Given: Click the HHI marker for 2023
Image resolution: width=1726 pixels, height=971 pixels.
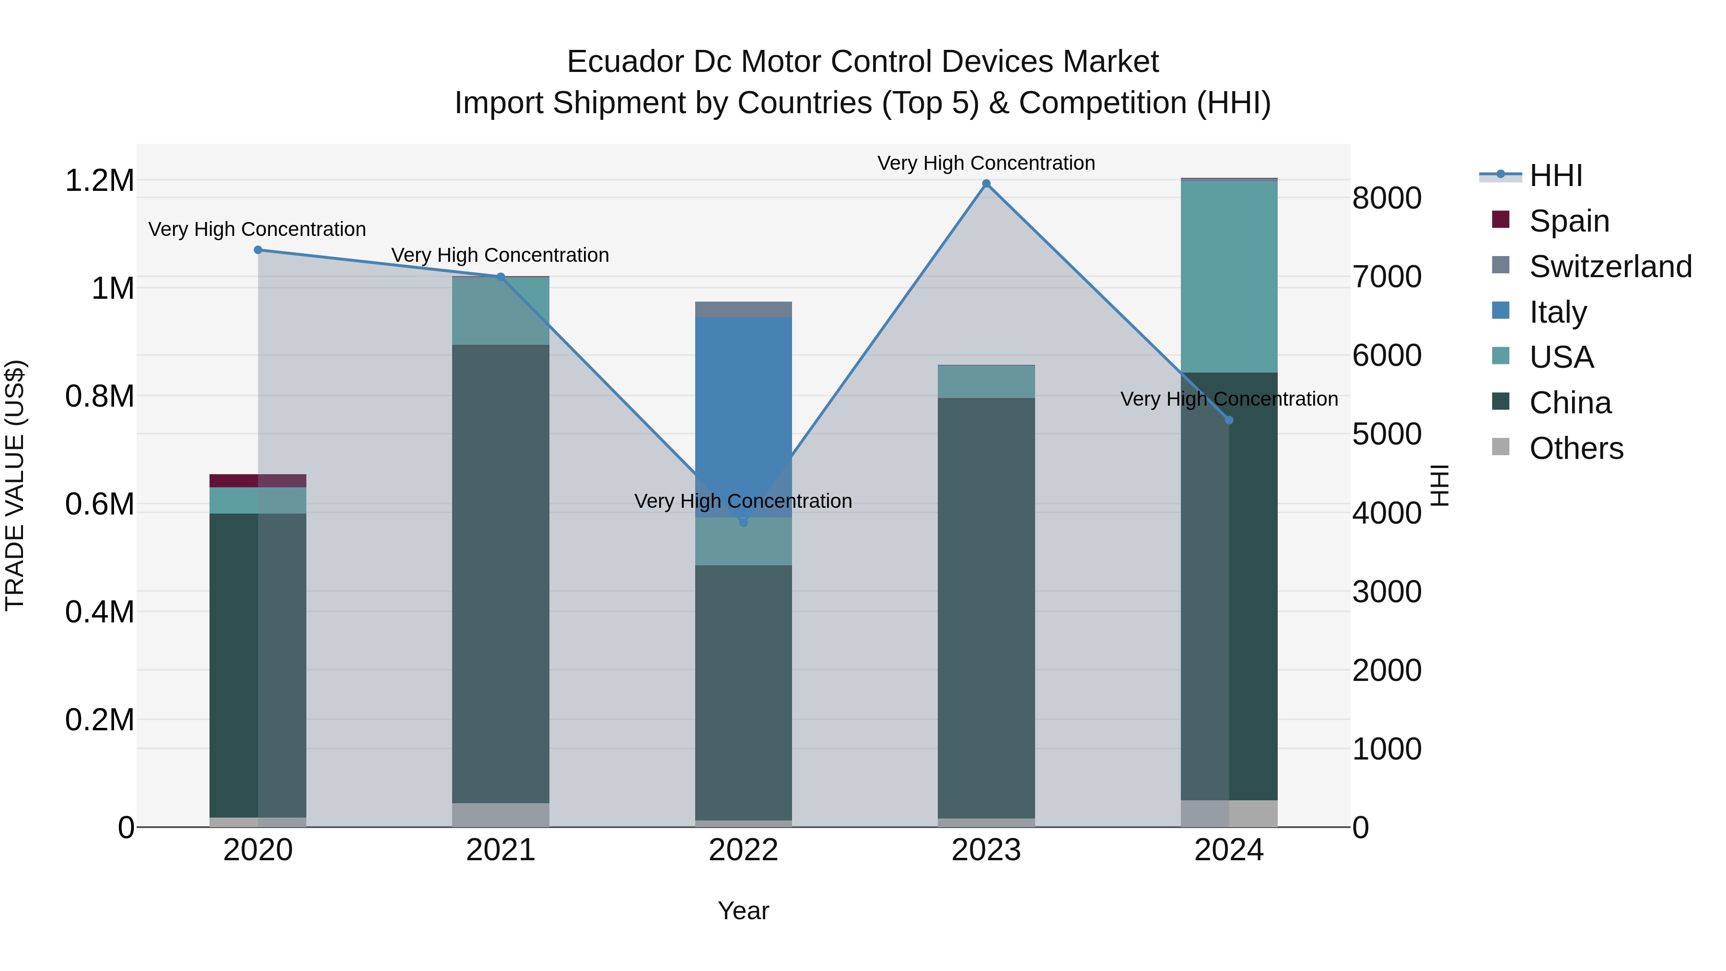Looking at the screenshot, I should click(x=986, y=184).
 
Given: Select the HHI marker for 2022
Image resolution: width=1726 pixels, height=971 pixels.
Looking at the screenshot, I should click(x=743, y=522).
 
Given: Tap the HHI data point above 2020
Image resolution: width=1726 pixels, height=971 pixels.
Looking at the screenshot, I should click(x=258, y=250).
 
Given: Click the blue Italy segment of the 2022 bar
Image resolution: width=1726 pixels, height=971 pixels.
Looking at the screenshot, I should click(x=743, y=415).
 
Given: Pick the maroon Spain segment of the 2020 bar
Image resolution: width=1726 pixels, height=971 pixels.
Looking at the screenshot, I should click(x=257, y=480).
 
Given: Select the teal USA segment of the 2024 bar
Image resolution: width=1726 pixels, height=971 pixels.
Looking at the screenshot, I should click(x=1229, y=276).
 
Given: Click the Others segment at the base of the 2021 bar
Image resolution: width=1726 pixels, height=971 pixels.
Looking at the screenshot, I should click(x=501, y=814).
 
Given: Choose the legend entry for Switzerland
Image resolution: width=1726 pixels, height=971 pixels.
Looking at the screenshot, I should click(x=1610, y=267).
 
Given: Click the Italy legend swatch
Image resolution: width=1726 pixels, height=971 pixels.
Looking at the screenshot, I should click(x=1501, y=311).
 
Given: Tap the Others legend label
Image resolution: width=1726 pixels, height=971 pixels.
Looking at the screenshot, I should click(x=1576, y=448).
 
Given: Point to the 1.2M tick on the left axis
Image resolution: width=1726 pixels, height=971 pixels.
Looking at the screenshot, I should click(x=99, y=181).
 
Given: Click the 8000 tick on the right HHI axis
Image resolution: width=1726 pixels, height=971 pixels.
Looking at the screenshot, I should click(x=1386, y=199).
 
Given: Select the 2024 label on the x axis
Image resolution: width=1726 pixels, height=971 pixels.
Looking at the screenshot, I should click(x=1229, y=850).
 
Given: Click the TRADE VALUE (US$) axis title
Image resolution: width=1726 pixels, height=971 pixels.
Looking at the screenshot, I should click(x=15, y=485).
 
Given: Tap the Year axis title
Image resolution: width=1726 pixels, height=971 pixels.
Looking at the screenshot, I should click(x=743, y=911).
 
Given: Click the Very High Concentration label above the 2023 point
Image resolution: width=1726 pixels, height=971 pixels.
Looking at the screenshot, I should click(x=986, y=163).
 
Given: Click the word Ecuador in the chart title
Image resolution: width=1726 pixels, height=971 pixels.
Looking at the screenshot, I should click(x=625, y=62).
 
